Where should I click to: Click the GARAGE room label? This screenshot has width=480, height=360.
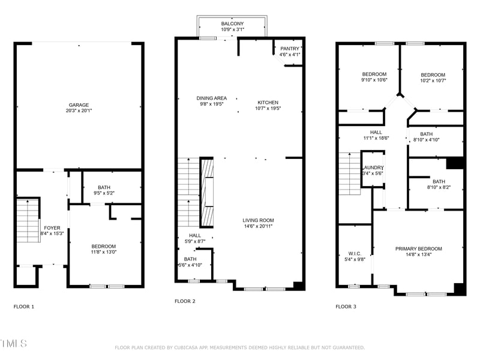point(79,104)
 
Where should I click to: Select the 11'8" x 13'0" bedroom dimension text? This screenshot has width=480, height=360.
point(103,252)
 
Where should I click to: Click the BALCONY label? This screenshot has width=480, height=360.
point(232,23)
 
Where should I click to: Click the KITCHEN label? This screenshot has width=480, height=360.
point(268,103)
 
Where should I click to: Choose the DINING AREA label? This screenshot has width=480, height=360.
point(211,98)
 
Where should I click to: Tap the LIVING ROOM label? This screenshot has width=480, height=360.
point(257,220)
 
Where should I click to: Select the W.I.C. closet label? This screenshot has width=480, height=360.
point(354,253)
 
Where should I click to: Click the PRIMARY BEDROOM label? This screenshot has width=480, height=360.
point(418,248)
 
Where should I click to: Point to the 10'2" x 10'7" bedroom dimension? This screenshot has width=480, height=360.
point(433,80)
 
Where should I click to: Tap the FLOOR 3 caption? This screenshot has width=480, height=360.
point(346,306)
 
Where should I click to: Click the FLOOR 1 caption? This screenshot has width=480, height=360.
point(24,306)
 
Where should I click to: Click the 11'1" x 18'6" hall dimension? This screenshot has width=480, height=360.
point(376,138)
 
